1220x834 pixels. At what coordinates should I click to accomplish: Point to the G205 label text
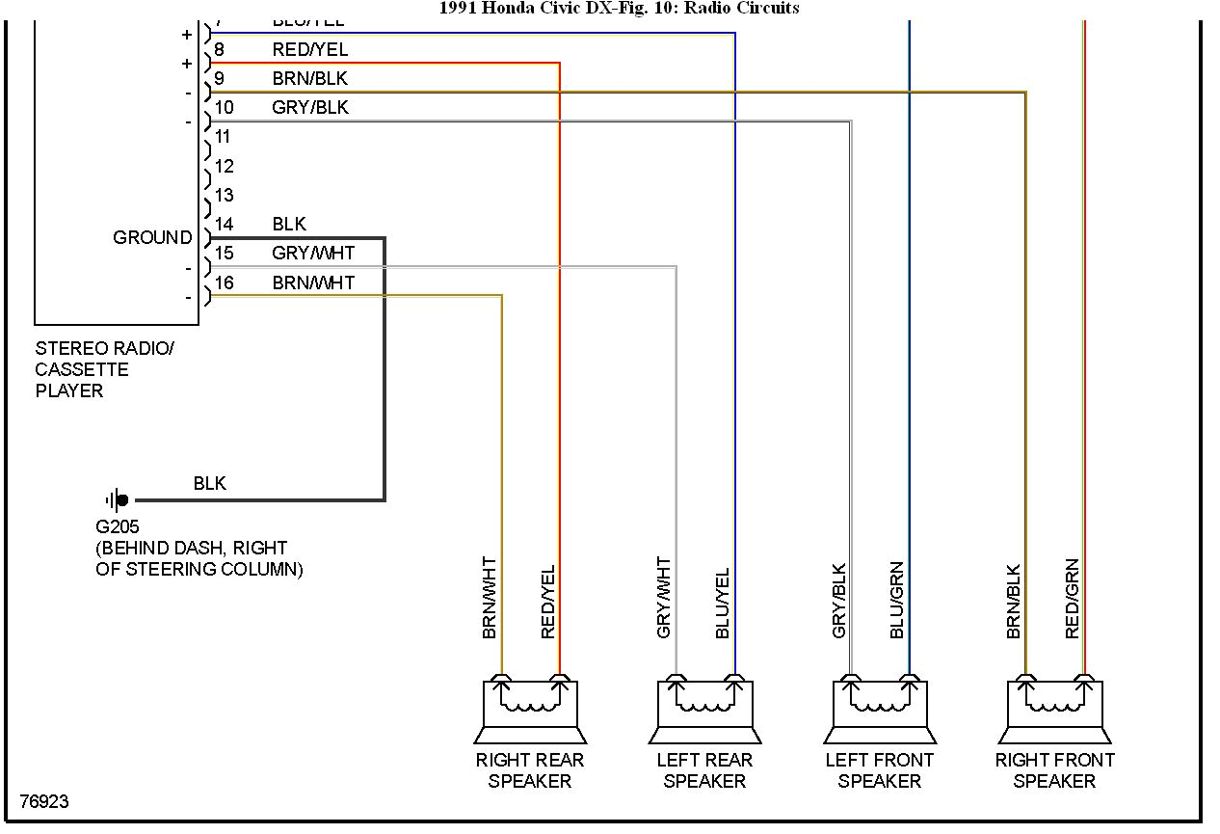[118, 527]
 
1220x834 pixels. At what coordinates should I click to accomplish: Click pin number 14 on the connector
[224, 225]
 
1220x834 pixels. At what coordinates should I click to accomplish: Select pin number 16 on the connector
[224, 282]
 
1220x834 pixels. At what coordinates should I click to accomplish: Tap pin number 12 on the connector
[224, 167]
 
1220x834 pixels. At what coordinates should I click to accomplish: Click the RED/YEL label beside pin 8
[309, 49]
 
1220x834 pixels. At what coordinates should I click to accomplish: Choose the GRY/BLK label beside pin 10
[309, 108]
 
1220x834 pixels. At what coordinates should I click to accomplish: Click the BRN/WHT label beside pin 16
[313, 282]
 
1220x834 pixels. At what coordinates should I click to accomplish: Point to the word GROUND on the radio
[152, 237]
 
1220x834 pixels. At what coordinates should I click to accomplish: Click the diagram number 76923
[44, 802]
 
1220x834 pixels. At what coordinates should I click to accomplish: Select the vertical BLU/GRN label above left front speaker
[897, 600]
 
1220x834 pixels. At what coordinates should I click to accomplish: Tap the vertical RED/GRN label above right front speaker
[1073, 600]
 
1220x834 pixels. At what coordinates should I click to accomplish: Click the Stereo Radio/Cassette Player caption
[104, 369]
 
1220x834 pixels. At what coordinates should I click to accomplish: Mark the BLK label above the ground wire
[209, 483]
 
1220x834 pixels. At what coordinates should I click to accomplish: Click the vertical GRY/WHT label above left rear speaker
[664, 598]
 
